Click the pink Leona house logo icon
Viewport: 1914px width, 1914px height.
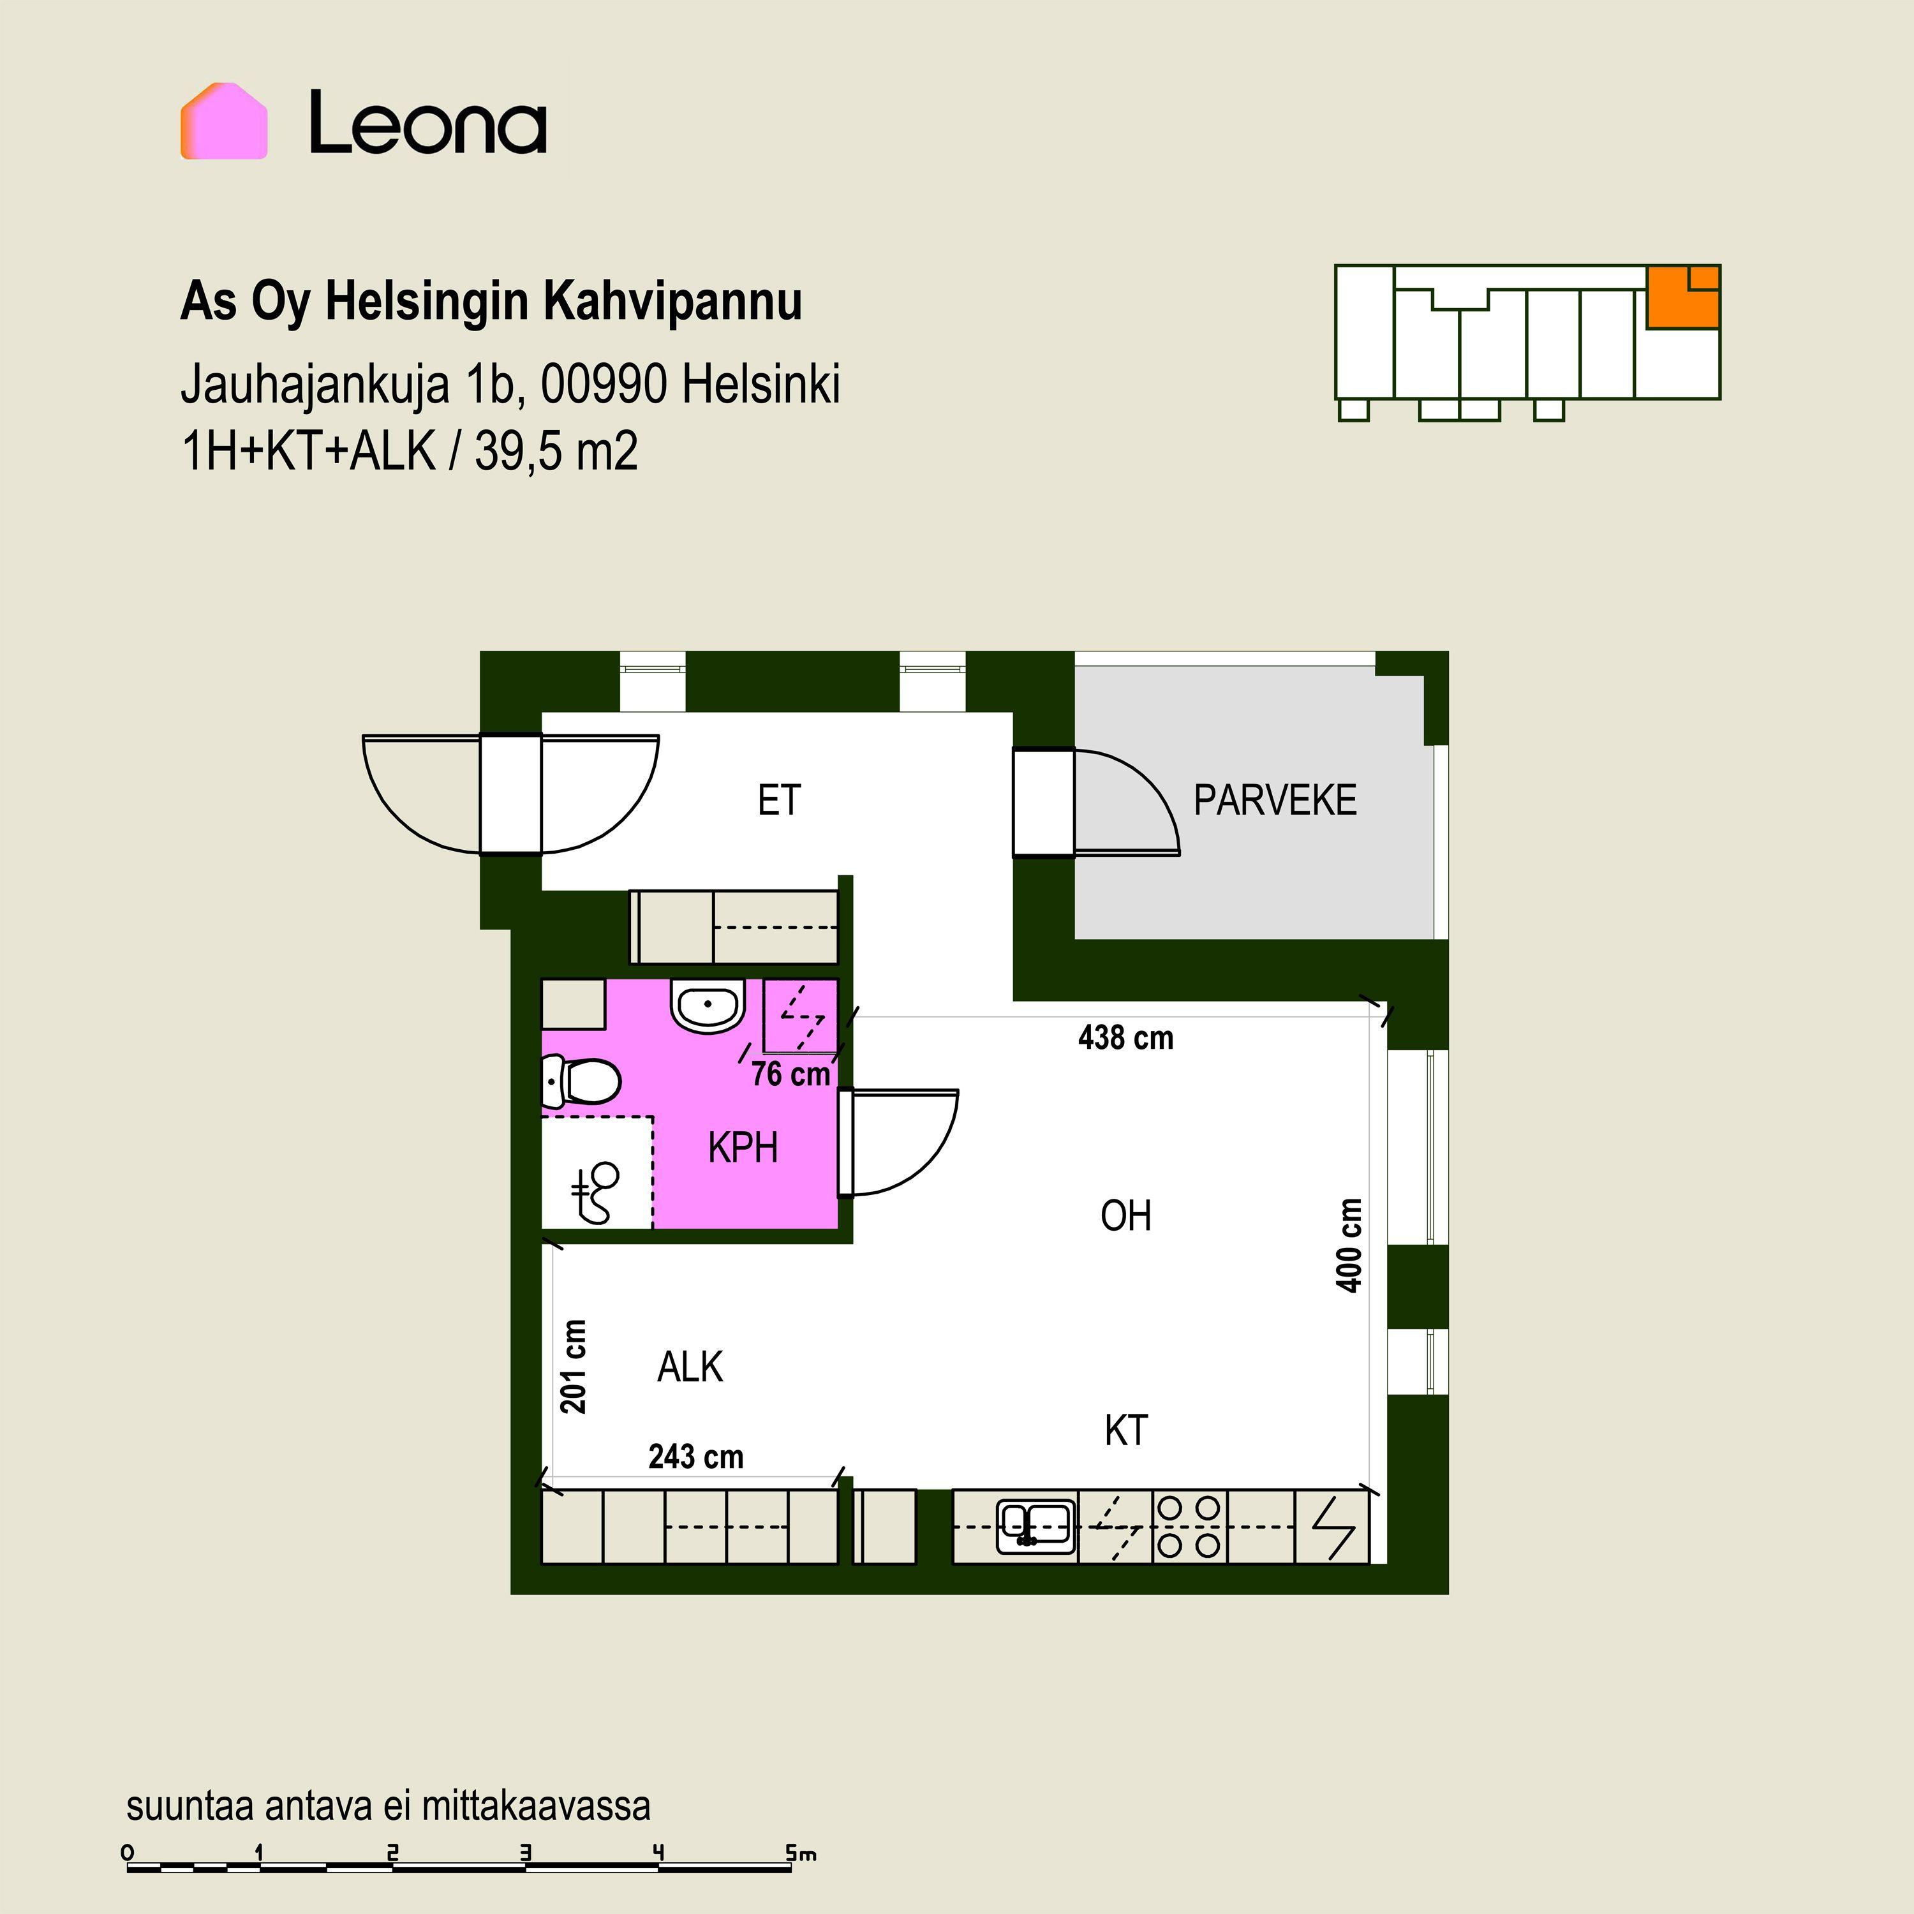(x=224, y=121)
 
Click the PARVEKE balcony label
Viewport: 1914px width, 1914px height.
(x=1275, y=801)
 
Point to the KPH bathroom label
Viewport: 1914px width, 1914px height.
(x=743, y=1148)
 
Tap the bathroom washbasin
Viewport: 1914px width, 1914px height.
(x=708, y=1007)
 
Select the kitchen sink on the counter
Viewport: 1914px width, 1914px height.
(x=1035, y=1525)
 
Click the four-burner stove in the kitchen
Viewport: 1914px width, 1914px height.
(x=1189, y=1527)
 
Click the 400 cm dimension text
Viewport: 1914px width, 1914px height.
(x=1349, y=1245)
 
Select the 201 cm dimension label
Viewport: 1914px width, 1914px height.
(x=574, y=1366)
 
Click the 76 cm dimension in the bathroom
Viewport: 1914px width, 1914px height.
(x=790, y=1074)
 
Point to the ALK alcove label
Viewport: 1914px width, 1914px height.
(x=690, y=1367)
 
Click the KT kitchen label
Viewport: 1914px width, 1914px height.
(x=1127, y=1430)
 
